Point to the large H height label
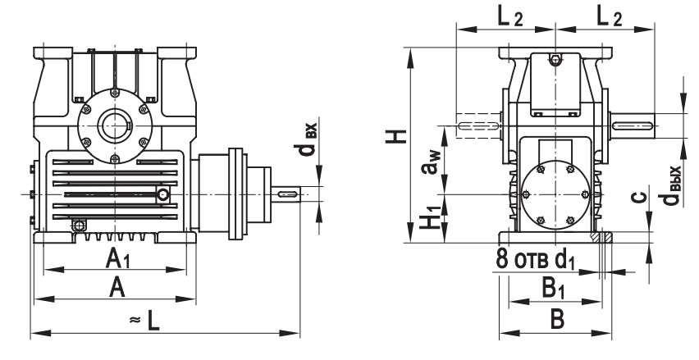coord(399,130)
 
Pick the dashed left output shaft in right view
coord(477,125)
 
